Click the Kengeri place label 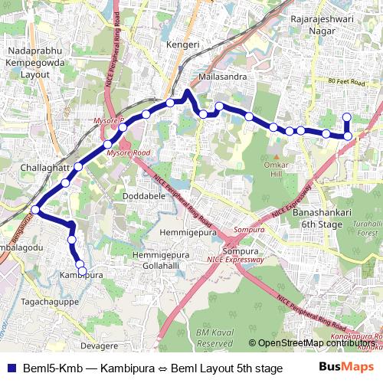(183, 45)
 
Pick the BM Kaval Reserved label (213, 337)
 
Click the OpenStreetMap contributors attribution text (313, 343)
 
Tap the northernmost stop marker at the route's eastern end (346, 117)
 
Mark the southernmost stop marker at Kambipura (82, 271)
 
